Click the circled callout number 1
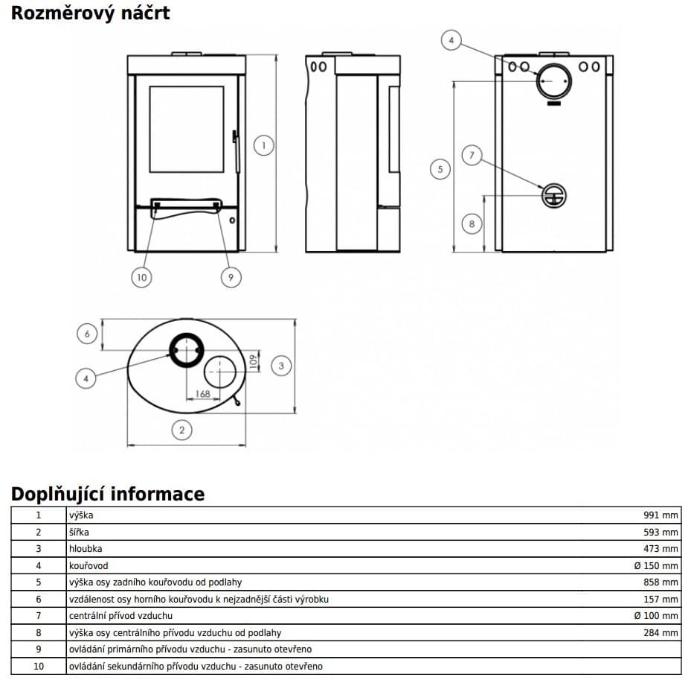pos(263,145)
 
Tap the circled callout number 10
pos(141,277)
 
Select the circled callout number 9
pos(231,277)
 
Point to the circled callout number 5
pos(440,169)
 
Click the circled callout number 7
pos(472,155)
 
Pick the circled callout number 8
pos(472,223)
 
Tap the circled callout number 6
pos(87,334)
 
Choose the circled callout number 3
pos(281,366)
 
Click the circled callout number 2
pos(181,430)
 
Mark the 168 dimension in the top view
pos(203,393)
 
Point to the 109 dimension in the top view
pos(253,361)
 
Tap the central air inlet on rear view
pos(554,196)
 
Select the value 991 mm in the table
pos(661,515)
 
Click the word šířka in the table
pos(79,533)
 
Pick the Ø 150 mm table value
pos(656,566)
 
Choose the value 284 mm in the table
pos(661,633)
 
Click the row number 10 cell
pos(39,667)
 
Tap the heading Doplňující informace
pos(108,495)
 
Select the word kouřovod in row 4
pos(89,566)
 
